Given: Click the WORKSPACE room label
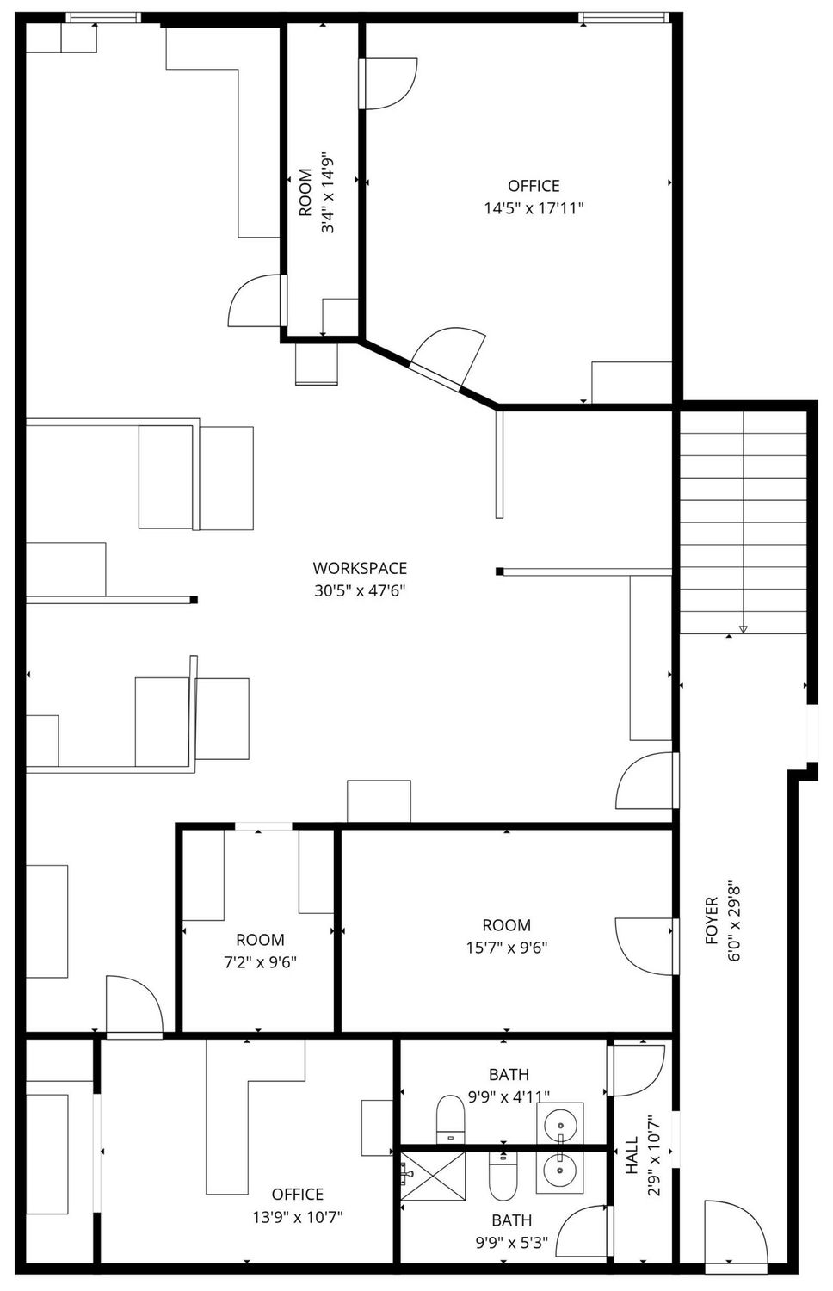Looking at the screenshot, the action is [360, 568].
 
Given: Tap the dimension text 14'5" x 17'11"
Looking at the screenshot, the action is [534, 208].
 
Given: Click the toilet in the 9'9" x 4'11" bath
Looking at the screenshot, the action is [450, 1120].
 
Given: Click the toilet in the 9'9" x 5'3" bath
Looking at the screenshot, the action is [503, 1176].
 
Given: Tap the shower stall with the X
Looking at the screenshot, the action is [433, 1176].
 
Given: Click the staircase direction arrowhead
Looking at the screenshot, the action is [744, 629].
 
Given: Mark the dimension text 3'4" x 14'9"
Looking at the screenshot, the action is [328, 193].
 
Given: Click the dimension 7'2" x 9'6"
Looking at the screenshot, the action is [260, 962].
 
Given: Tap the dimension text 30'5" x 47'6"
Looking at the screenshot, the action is [360, 590].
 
